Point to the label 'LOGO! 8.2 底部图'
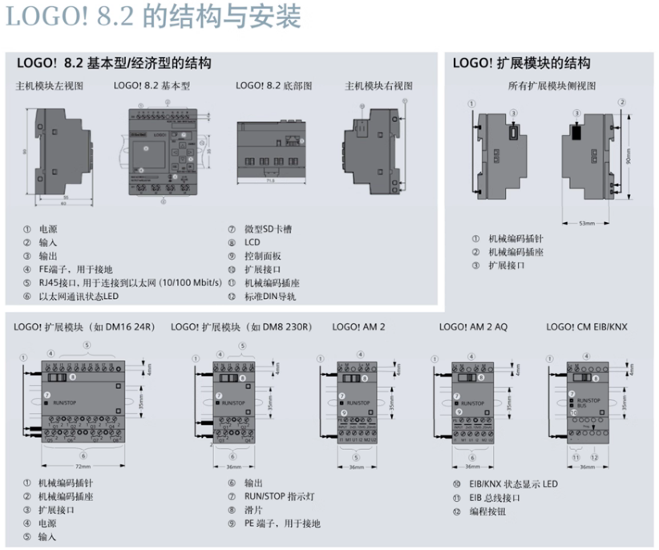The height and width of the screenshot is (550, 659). [273, 85]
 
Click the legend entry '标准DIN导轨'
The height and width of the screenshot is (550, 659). [273, 297]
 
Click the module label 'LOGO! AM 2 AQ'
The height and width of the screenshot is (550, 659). [473, 327]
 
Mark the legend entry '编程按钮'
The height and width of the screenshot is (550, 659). [486, 511]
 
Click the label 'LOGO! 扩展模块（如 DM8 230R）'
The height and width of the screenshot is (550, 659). [241, 327]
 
